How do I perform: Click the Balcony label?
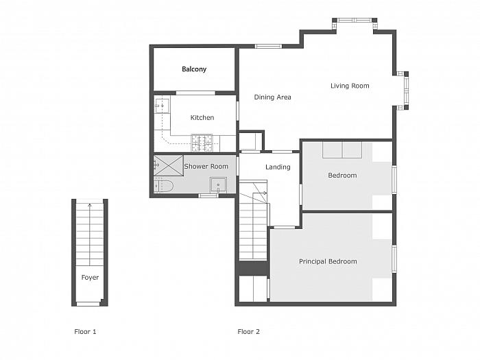[194, 69]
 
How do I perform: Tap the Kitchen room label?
[202, 117]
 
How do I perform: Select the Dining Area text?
[272, 97]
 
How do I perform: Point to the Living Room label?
[350, 86]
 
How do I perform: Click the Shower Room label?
[206, 167]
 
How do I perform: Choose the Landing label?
[278, 167]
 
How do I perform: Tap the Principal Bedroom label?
[328, 262]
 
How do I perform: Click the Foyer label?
[90, 278]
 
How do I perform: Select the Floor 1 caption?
[85, 331]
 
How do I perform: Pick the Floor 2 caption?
[248, 331]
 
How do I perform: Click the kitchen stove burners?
[202, 143]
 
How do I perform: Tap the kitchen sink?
[162, 106]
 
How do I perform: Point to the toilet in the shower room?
[163, 186]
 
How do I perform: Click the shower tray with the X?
[168, 166]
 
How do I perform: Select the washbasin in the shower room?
[218, 185]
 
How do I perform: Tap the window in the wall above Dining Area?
[268, 46]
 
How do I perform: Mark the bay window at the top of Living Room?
[355, 21]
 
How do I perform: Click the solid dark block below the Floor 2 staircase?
[254, 268]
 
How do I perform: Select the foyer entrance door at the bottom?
[88, 304]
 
